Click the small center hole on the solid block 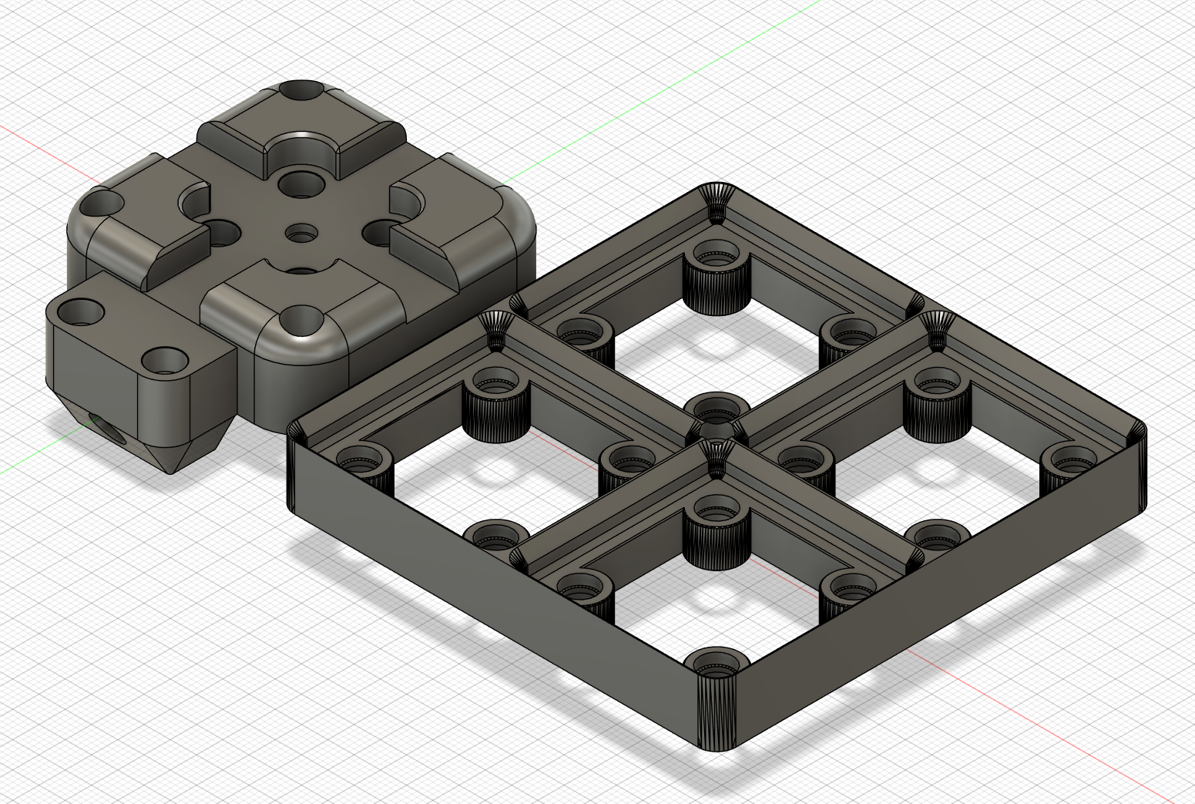pos(300,231)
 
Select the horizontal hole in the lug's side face pos(99,426)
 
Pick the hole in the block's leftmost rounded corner pos(101,204)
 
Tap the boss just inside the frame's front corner pos(717,663)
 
